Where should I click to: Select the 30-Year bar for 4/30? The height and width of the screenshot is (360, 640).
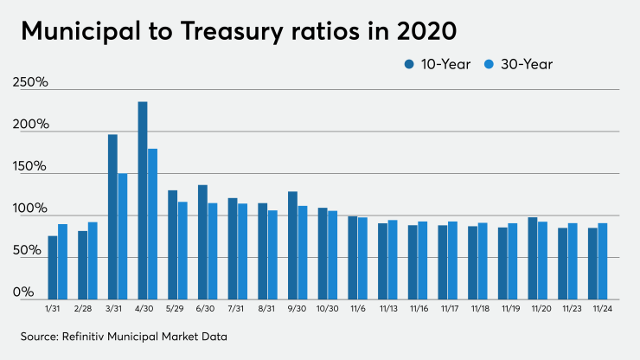[x=153, y=224]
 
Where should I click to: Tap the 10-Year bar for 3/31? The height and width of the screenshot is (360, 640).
[x=112, y=217]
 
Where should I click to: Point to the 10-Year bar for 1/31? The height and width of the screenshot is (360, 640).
[x=53, y=267]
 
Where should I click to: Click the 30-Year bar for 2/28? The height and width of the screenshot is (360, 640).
[x=93, y=260]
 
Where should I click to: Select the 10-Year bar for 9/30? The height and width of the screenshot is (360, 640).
[x=292, y=246]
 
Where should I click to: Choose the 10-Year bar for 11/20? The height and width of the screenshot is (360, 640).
[x=533, y=258]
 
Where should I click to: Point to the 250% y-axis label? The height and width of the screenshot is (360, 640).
[x=30, y=83]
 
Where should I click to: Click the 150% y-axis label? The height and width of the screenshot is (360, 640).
[x=30, y=166]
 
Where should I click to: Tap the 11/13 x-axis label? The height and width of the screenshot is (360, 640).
[x=387, y=308]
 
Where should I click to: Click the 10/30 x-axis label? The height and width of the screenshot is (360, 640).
[x=328, y=308]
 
